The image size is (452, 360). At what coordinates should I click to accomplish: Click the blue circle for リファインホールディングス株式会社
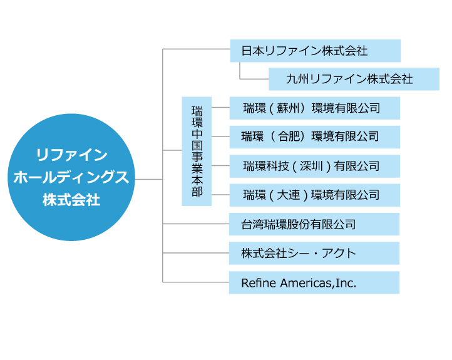coord(71,177)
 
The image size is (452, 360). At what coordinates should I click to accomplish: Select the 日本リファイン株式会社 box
coord(316,51)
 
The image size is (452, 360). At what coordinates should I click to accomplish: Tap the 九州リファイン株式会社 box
coord(354,79)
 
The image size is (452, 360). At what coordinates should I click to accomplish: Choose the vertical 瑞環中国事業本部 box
coord(197,152)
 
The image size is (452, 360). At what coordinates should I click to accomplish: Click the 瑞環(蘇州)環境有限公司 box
coord(315,108)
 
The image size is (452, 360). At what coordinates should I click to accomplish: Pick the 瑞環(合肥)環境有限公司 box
coord(315,137)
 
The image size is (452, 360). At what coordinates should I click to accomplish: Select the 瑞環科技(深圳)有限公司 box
coord(315,166)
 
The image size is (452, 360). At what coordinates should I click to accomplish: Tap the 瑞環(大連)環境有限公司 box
coord(315,195)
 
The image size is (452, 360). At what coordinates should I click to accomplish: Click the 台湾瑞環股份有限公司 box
coord(314,224)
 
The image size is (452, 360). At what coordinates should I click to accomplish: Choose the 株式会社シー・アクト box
coord(314,254)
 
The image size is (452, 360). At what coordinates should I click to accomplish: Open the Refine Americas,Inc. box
coord(314,282)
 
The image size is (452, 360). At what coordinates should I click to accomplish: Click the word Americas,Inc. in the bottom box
coord(318,283)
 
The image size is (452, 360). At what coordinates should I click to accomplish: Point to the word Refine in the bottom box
coord(259,283)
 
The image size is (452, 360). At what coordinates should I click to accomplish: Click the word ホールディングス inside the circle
coord(71,177)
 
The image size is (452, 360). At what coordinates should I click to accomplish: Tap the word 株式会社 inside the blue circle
coord(71,200)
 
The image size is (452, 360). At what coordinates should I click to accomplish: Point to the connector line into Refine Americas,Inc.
coord(196,282)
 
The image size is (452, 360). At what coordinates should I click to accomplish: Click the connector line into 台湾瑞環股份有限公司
coord(196,224)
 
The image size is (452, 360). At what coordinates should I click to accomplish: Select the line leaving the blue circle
coord(149,179)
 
